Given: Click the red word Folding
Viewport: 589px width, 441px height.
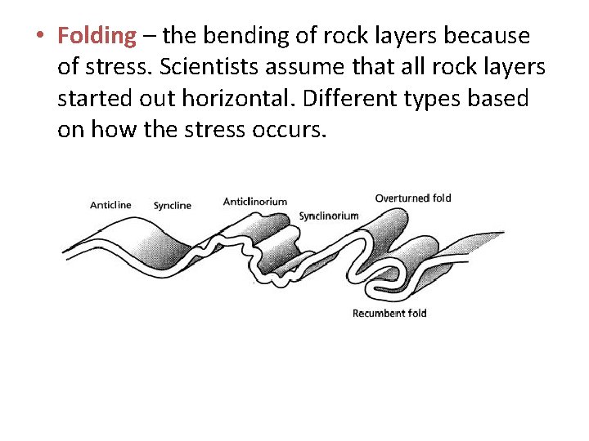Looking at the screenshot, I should pyautogui.click(x=97, y=36).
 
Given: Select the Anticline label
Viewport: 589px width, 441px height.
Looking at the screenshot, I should pyautogui.click(x=110, y=205).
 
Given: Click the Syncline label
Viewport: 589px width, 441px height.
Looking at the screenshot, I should pyautogui.click(x=172, y=205).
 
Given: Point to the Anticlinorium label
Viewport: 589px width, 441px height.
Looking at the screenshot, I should pyautogui.click(x=254, y=202).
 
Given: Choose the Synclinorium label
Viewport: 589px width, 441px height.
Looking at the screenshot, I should pyautogui.click(x=328, y=216).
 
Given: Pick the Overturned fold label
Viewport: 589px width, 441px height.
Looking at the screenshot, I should pyautogui.click(x=413, y=198).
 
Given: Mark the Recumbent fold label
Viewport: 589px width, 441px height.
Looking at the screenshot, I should pyautogui.click(x=389, y=313).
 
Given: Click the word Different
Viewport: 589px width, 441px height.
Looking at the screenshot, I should pyautogui.click(x=368, y=99).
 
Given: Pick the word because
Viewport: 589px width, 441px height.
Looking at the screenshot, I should pyautogui.click(x=488, y=37).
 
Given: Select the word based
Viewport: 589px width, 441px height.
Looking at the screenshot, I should pyautogui.click(x=506, y=99).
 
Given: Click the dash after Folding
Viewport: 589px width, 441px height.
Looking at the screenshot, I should pyautogui.click(x=150, y=37).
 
